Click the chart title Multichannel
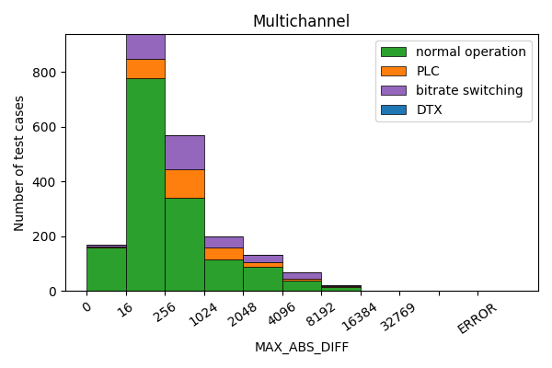pyautogui.click(x=301, y=21)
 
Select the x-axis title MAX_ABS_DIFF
pyautogui.click(x=301, y=348)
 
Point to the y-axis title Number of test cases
pyautogui.click(x=19, y=163)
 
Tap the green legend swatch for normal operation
pyautogui.click(x=394, y=52)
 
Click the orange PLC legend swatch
pyautogui.click(x=394, y=71)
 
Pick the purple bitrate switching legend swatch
pyautogui.click(x=394, y=90)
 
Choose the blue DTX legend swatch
pyautogui.click(x=394, y=109)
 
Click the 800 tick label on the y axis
pyautogui.click(x=46, y=73)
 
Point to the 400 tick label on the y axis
pyautogui.click(x=46, y=182)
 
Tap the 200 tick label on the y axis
pyautogui.click(x=46, y=236)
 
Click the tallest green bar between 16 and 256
pyautogui.click(x=145, y=184)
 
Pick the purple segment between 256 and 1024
pyautogui.click(x=185, y=152)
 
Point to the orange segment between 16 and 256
pyautogui.click(x=145, y=68)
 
